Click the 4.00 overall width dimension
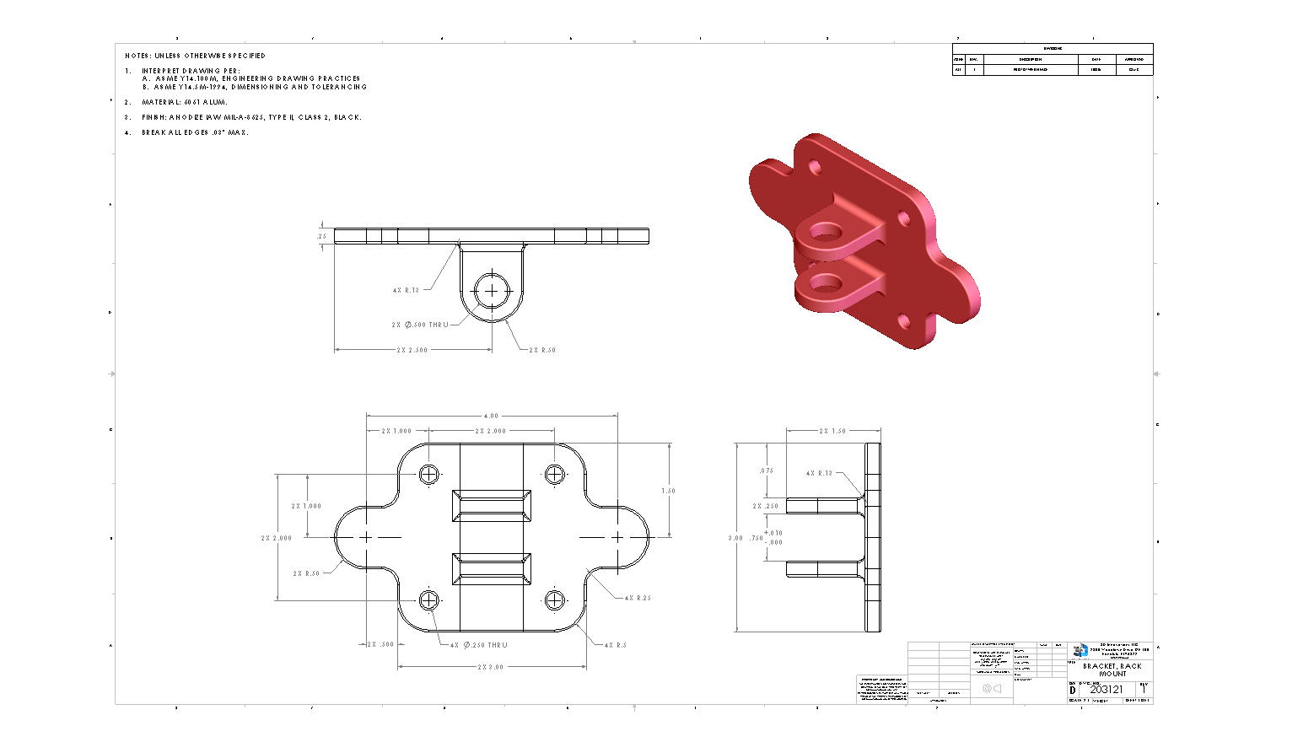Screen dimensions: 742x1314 [491, 416]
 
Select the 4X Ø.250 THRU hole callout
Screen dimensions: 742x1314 [479, 645]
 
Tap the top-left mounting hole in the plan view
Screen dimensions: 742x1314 [429, 475]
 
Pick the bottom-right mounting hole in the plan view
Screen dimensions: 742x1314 [554, 600]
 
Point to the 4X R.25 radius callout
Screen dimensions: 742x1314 [638, 598]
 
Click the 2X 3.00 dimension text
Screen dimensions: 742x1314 [491, 667]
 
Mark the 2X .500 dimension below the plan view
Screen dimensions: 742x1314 [380, 644]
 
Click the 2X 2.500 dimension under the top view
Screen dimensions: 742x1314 [412, 350]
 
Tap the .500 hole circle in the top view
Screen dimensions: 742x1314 [492, 291]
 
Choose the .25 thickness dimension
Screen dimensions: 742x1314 [321, 236]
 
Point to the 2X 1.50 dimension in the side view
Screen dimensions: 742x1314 [832, 431]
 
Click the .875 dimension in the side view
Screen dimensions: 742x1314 [766, 470]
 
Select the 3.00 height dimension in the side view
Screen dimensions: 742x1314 [735, 538]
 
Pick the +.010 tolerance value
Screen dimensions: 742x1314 [773, 533]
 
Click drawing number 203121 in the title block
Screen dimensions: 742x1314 [1107, 689]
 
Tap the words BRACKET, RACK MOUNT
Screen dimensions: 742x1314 [1112, 669]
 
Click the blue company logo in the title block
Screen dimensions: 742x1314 [1080, 650]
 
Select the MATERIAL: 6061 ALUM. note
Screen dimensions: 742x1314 [185, 102]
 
